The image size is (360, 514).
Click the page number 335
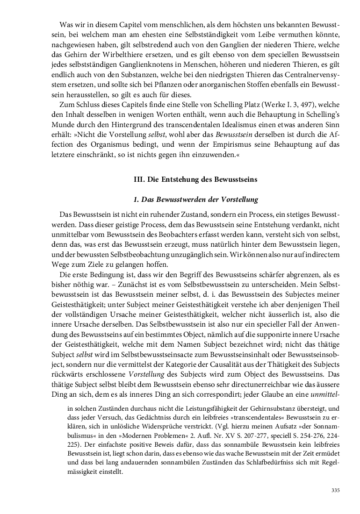[335, 490]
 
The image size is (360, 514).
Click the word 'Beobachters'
[184, 235]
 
